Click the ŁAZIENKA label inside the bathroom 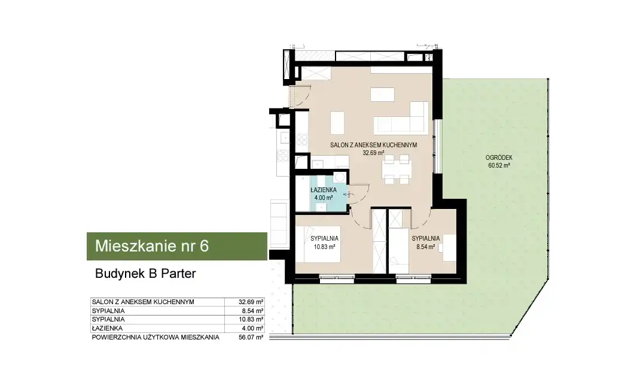(x=323, y=190)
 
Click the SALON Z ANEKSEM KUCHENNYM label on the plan (x=373, y=145)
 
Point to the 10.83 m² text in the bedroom (x=324, y=247)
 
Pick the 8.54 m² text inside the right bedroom (x=425, y=247)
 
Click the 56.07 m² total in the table (x=251, y=338)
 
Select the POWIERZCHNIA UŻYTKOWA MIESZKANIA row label (x=156, y=338)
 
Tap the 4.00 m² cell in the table (x=253, y=328)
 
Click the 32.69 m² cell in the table (x=251, y=302)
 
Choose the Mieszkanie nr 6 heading (x=152, y=245)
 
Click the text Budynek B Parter (x=145, y=274)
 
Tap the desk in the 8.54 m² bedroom (x=449, y=248)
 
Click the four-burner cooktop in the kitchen (x=302, y=140)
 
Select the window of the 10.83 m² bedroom (x=337, y=277)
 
